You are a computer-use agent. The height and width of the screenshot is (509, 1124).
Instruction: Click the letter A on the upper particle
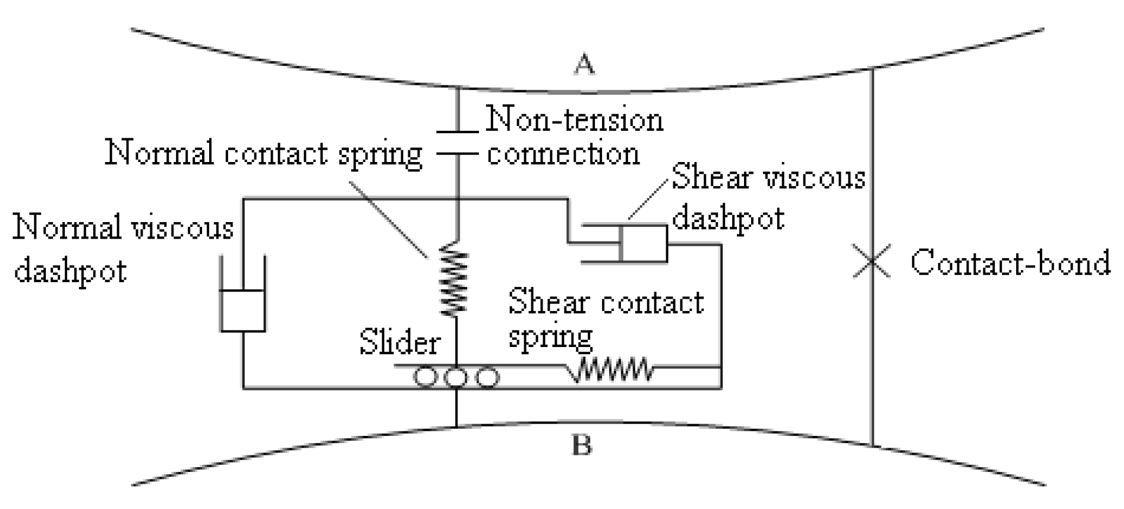tap(584, 64)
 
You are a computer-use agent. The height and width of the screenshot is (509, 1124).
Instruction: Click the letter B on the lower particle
tap(582, 445)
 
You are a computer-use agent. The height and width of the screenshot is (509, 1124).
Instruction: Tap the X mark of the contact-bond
tap(872, 261)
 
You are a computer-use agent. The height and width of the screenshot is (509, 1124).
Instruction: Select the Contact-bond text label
tap(1010, 263)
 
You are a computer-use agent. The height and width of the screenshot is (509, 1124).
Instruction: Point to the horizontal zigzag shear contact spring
tap(613, 370)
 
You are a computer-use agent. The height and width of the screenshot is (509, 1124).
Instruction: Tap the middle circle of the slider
tap(455, 378)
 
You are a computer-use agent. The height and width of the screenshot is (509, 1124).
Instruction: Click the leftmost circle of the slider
tap(425, 378)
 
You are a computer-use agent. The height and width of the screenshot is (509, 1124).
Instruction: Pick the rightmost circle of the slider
tap(487, 378)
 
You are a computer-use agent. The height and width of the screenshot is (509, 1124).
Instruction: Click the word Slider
tap(399, 342)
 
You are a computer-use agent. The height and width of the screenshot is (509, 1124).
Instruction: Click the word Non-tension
tap(574, 120)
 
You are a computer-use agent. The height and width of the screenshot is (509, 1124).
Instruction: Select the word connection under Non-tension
tap(563, 154)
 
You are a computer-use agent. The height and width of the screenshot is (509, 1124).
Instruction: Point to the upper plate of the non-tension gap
tap(457, 132)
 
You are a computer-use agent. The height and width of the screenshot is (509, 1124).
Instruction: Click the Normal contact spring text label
tap(263, 154)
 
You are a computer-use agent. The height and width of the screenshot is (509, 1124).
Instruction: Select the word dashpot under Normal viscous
tap(70, 270)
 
